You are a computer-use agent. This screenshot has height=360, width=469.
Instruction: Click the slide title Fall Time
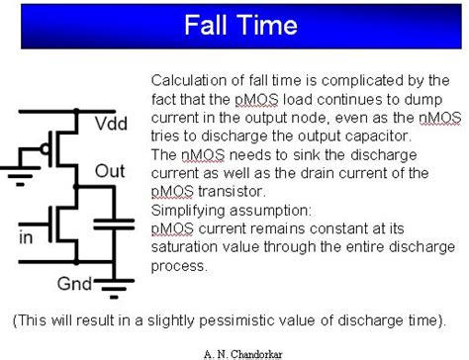point(234,23)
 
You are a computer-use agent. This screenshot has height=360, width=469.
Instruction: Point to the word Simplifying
point(189,211)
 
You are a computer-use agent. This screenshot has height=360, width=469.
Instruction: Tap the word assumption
point(273,211)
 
